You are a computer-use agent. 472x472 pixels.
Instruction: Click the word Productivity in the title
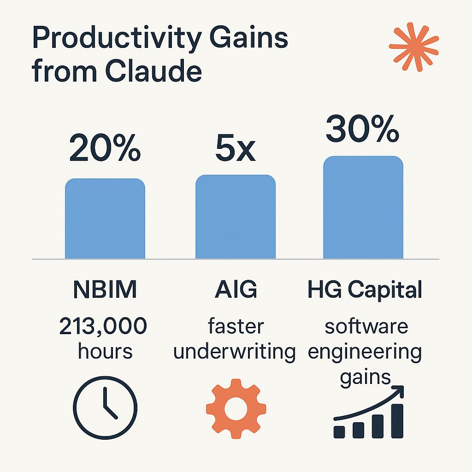coord(117,39)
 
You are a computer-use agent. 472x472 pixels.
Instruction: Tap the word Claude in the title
coord(153,71)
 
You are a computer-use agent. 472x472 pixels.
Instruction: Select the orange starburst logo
coord(414,47)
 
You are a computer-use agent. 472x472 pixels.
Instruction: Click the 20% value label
coord(105,148)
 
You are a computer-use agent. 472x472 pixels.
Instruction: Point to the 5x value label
coord(236,148)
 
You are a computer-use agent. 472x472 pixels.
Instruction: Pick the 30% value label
coord(362,129)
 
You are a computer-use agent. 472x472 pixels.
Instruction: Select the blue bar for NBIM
coord(105,218)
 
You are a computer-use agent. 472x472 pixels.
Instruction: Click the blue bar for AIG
coord(236,217)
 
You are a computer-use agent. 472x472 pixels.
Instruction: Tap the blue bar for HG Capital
coord(363,207)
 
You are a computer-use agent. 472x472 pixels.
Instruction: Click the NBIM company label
coord(105,289)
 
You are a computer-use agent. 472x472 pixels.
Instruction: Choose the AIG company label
coord(236,289)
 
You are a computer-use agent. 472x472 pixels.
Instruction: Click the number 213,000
coord(103,326)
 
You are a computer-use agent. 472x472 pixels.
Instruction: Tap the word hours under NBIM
coord(105,351)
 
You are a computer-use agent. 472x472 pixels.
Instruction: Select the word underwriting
coord(235,352)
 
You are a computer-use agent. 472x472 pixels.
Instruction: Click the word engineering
coord(365,353)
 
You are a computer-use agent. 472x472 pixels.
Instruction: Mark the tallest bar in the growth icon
coord(397,421)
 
